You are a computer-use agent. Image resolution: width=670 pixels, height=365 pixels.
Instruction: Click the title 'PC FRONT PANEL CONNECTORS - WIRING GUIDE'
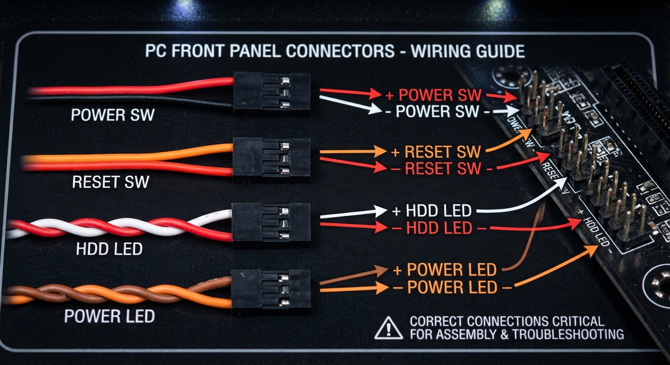click(x=335, y=51)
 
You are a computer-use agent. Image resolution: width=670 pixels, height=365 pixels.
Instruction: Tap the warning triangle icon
click(x=388, y=328)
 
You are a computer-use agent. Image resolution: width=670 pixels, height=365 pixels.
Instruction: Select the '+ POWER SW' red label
click(x=433, y=95)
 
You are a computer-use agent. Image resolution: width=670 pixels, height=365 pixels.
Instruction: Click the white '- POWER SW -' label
click(x=437, y=112)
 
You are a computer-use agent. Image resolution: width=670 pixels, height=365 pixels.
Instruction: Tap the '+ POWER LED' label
click(x=445, y=270)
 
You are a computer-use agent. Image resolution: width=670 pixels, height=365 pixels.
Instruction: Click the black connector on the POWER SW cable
click(x=272, y=94)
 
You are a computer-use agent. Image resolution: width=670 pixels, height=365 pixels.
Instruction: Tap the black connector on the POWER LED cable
click(x=271, y=289)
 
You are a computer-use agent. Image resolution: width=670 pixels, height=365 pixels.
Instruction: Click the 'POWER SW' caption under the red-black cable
click(x=112, y=115)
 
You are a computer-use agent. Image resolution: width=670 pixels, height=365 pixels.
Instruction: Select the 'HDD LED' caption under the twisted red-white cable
click(x=109, y=249)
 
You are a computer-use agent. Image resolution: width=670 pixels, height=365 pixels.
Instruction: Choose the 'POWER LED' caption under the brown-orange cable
click(x=109, y=316)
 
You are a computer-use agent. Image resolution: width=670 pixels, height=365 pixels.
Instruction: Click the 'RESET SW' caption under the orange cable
click(x=111, y=182)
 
